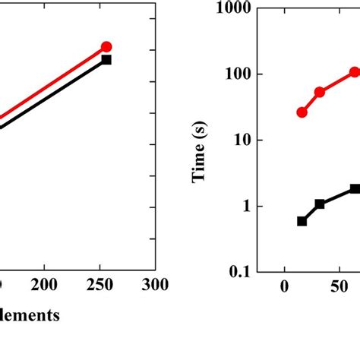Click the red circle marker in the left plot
(x=106, y=47)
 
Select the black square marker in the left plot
(x=106, y=59)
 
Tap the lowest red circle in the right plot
(x=302, y=112)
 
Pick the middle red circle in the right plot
(x=320, y=92)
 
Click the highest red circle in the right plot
(x=355, y=72)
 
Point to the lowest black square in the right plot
(x=302, y=221)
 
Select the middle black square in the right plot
(x=320, y=204)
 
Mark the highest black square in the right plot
(x=355, y=188)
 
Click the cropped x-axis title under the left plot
(x=30, y=316)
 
